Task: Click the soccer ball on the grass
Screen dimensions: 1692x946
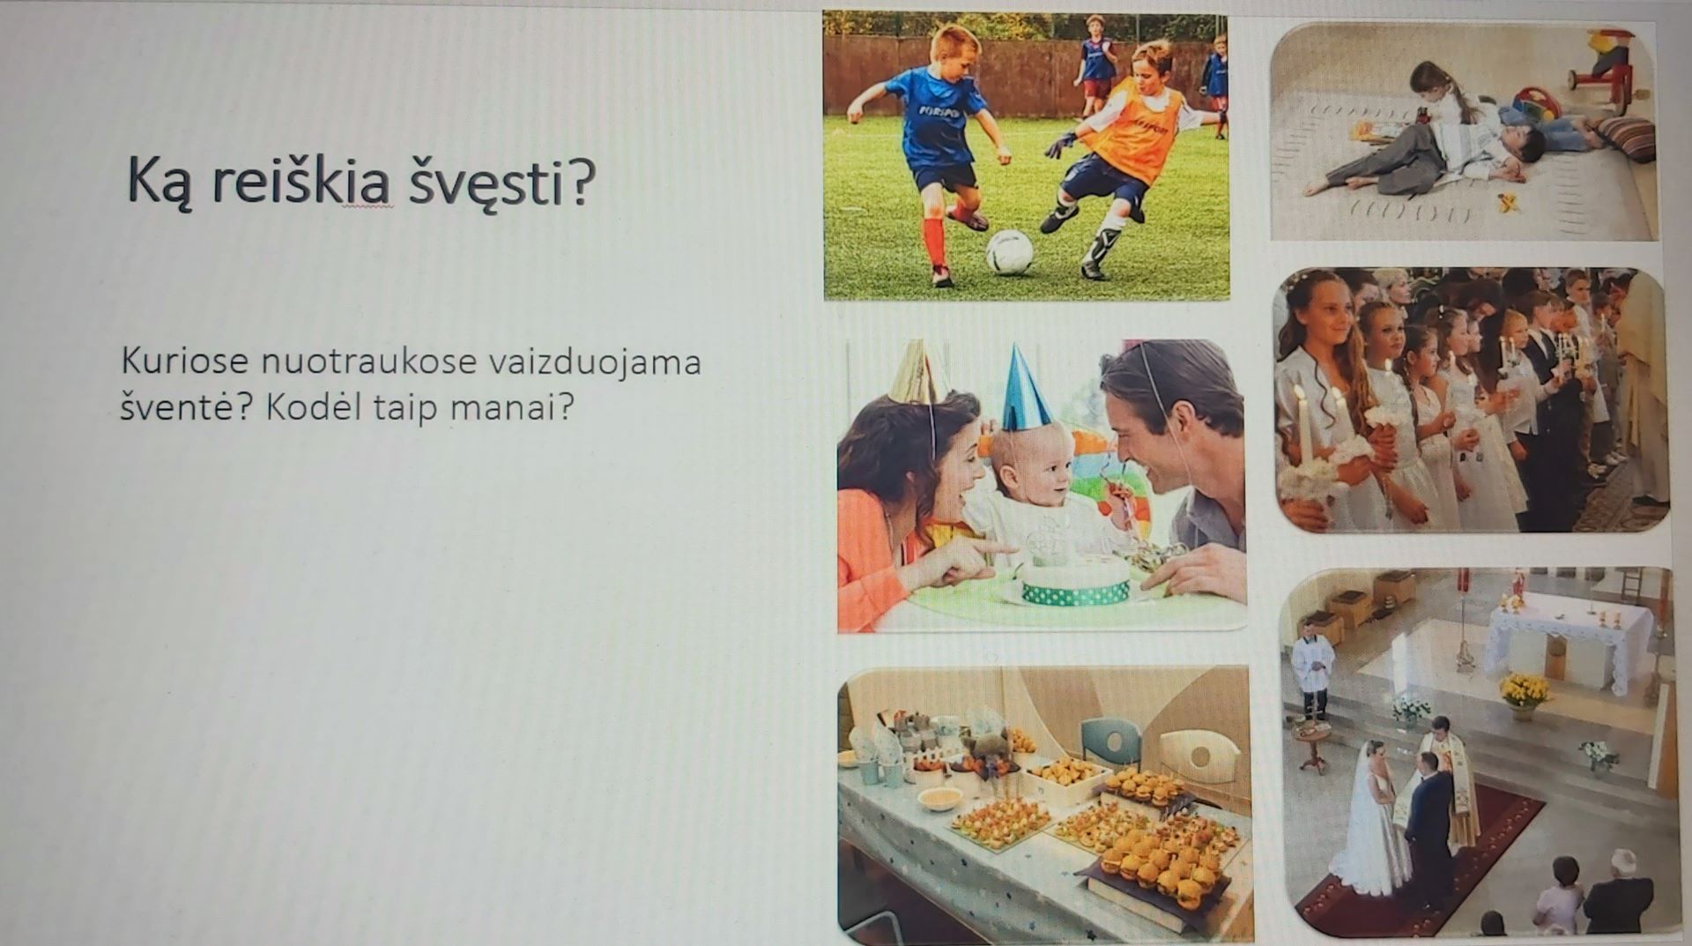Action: pos(1009,252)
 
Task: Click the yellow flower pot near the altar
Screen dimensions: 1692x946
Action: pos(1524,691)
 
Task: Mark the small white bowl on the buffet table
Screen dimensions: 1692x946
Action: pos(939,799)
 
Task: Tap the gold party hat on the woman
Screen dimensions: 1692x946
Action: pos(916,370)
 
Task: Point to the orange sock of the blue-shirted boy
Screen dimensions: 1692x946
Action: pos(933,242)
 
